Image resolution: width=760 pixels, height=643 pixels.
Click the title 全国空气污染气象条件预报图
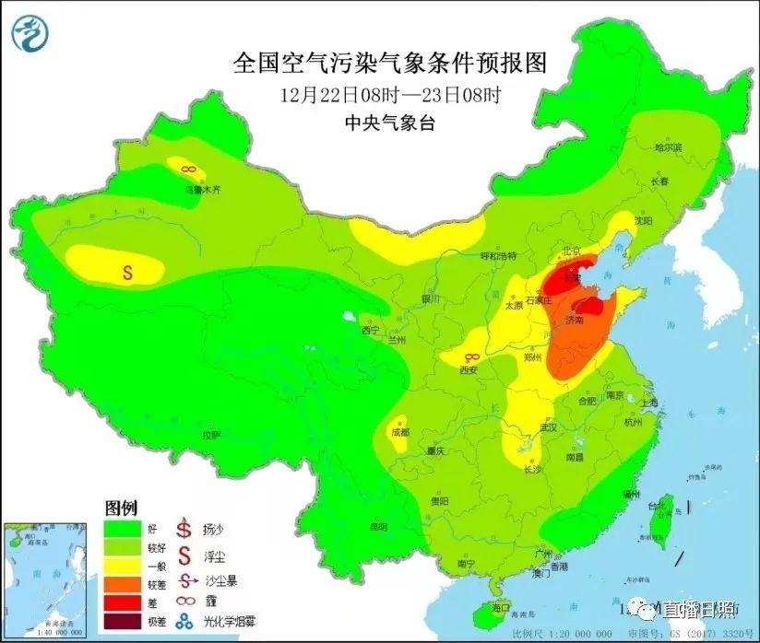390,63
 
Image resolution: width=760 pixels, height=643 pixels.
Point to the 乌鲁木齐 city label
202,189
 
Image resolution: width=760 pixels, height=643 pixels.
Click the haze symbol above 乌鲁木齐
187,169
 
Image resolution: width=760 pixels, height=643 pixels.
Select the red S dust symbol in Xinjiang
128,272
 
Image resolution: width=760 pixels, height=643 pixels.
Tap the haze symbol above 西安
470,357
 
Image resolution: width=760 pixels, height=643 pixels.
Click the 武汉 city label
550,428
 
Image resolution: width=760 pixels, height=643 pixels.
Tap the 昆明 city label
378,527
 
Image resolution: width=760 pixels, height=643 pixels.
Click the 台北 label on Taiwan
657,507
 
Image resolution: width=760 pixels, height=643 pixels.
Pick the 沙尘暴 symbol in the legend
187,581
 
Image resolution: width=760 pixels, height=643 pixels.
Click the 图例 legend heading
121,508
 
